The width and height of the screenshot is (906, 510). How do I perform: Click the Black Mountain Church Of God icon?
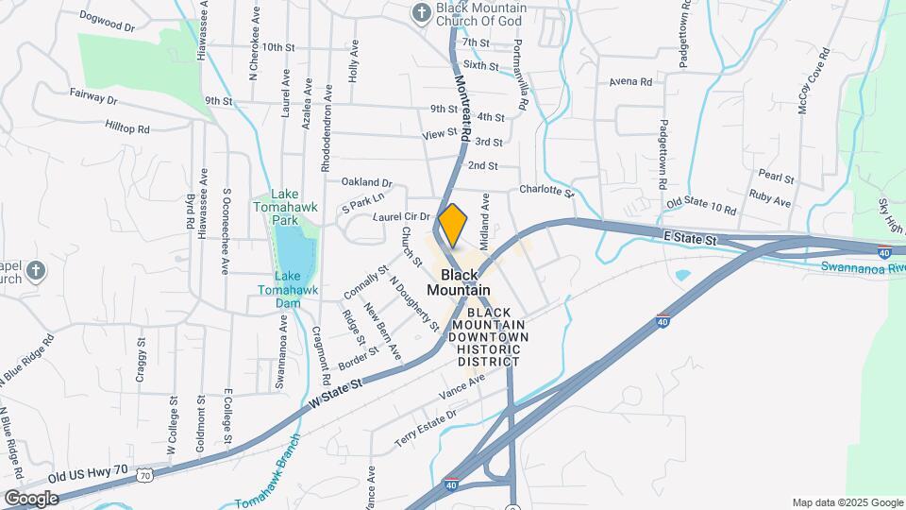421,12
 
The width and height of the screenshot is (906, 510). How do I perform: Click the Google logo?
31,498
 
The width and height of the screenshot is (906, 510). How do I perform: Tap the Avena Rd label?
630,82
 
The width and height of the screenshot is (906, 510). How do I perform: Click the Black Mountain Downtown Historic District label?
488,336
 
